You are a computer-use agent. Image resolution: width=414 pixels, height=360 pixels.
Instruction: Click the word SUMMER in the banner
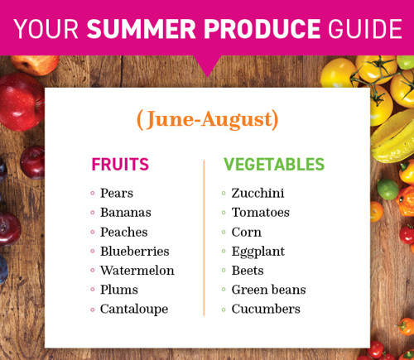[142, 29]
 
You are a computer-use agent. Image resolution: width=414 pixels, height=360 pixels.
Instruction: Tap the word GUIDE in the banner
[364, 29]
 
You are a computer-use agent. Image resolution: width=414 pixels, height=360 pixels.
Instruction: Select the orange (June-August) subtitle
[208, 120]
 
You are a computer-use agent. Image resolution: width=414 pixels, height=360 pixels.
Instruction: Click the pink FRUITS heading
[120, 165]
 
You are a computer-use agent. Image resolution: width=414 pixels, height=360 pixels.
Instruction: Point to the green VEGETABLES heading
[274, 165]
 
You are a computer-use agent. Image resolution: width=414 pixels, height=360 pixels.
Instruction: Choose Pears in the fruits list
[117, 193]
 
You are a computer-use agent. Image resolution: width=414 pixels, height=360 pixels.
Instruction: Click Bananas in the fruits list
[126, 213]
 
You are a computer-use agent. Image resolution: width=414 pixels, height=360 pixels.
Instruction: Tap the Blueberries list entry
[135, 252]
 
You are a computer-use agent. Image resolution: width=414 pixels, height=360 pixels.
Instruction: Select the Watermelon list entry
[137, 271]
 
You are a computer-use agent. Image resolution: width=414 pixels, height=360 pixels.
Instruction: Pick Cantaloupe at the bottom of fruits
[134, 310]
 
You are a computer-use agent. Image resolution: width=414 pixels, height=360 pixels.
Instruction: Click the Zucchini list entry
[258, 193]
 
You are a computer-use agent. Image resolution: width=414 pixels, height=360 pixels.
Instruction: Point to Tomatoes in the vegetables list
[261, 213]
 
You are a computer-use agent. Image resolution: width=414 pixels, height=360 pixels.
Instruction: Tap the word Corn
[247, 232]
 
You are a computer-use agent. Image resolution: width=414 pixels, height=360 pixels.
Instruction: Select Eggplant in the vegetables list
[258, 252]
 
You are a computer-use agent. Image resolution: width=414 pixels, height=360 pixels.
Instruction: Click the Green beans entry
[269, 290]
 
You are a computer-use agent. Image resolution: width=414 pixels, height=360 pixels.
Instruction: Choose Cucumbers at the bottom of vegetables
[266, 309]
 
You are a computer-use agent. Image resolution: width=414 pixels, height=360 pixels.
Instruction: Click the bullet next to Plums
[93, 290]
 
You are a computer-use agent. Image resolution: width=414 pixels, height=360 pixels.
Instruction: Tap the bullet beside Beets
[224, 271]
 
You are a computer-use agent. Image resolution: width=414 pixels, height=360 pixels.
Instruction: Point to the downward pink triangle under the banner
[207, 65]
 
